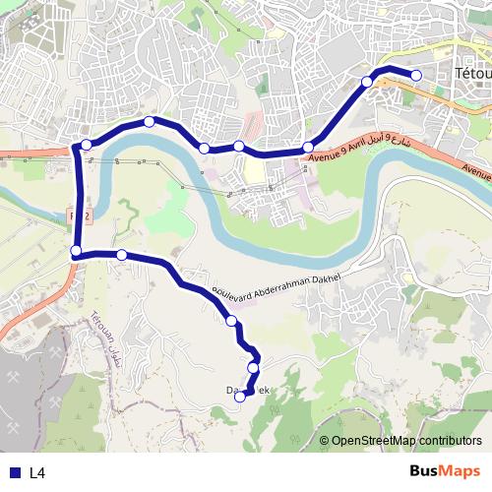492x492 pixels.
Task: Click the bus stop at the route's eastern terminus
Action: click(416, 76)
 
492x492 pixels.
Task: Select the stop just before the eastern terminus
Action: click(367, 82)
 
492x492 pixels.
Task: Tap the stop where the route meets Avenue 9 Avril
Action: click(308, 147)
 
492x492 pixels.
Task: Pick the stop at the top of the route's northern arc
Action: click(149, 122)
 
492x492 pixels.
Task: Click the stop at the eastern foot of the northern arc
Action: click(204, 149)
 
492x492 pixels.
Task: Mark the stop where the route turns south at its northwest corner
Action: click(87, 146)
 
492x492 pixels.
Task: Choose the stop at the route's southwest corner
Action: click(76, 252)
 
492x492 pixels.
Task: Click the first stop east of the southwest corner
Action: click(122, 255)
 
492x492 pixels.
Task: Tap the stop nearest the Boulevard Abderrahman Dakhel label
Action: click(232, 321)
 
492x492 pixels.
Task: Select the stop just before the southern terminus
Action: click(253, 368)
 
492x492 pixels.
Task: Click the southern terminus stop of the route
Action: click(239, 398)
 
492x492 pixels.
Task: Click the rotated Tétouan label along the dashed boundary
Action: click(102, 336)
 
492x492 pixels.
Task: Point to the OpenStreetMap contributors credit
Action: click(400, 441)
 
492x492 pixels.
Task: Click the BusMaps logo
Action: click(445, 471)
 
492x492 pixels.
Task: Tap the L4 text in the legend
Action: click(37, 472)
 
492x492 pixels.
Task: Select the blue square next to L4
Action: click(15, 472)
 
